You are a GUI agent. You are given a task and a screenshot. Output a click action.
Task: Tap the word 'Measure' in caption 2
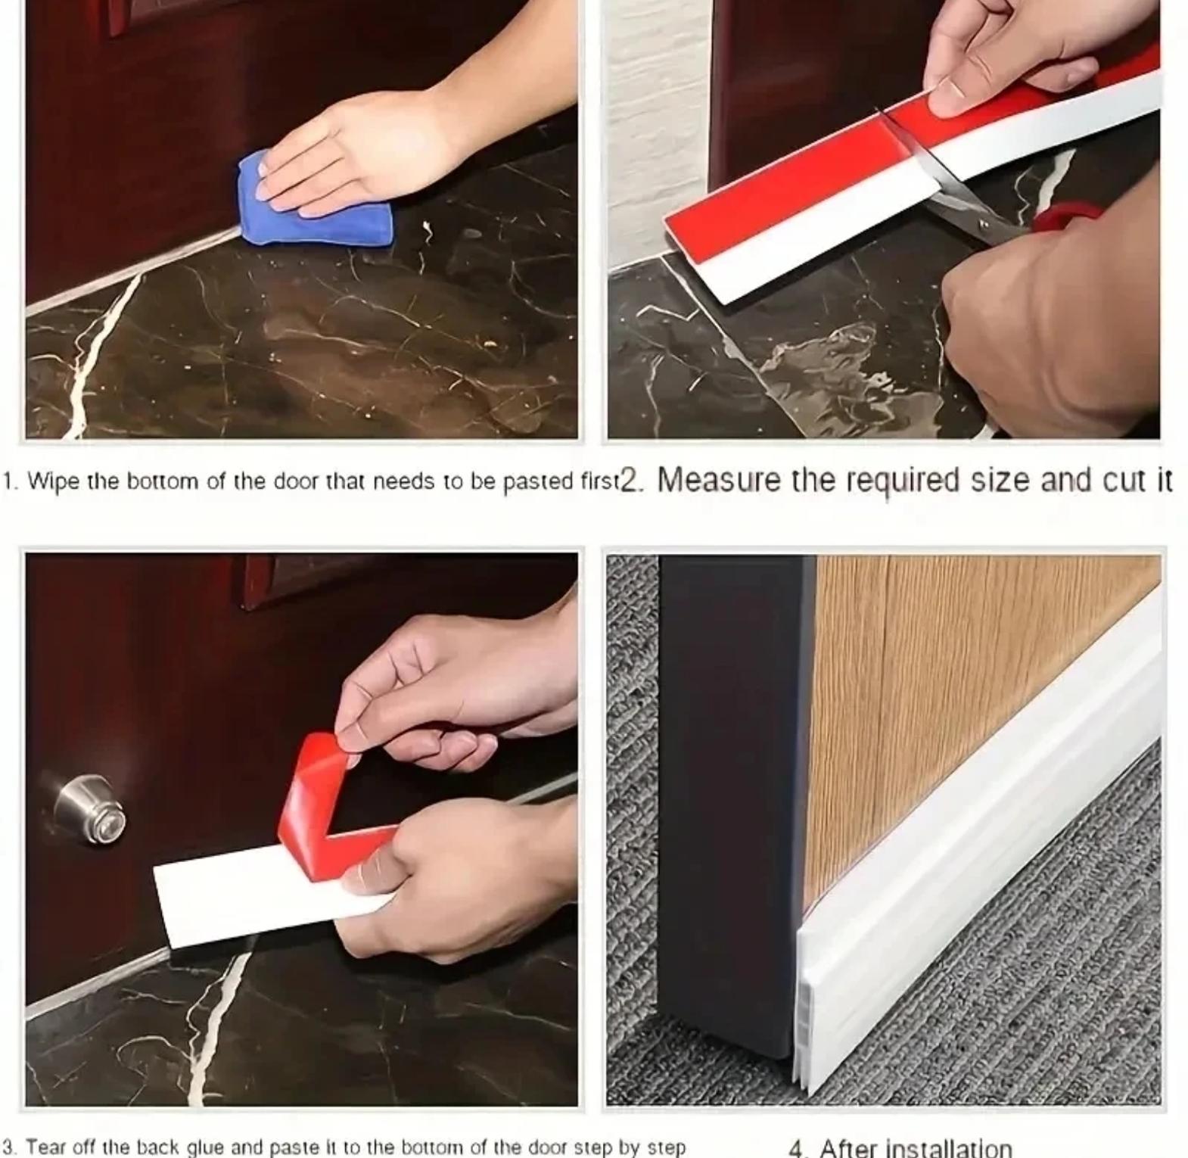(x=718, y=480)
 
